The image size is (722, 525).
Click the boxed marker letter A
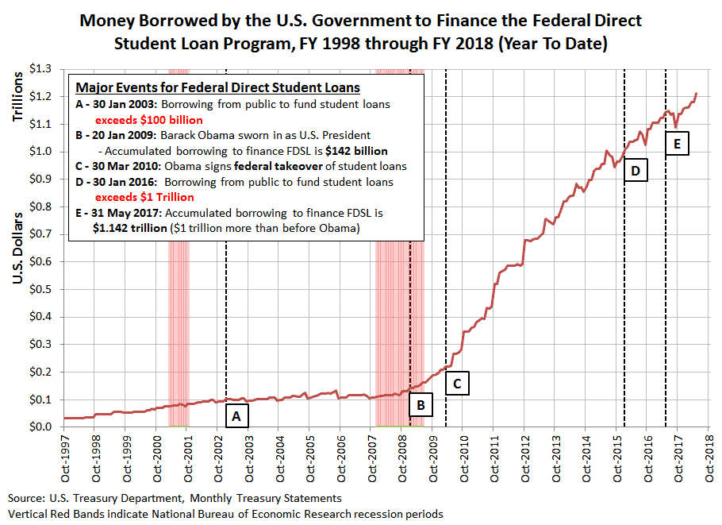(237, 415)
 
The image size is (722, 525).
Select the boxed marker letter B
(421, 405)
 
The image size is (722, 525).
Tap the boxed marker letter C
(458, 384)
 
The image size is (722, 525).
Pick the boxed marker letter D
(636, 171)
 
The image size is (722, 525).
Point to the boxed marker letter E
(676, 144)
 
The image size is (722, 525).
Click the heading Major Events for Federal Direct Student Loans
(217, 87)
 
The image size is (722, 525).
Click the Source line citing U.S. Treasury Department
(175, 498)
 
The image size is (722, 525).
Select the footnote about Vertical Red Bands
(226, 514)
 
